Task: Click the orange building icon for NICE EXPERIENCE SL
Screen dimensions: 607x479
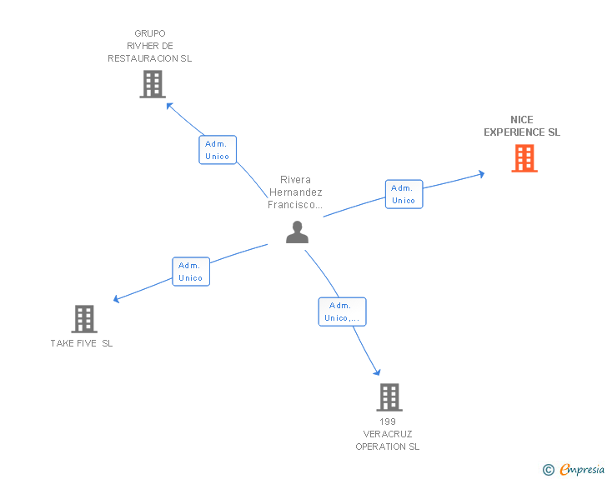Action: click(x=524, y=158)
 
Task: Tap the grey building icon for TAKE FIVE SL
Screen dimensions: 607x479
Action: click(x=84, y=319)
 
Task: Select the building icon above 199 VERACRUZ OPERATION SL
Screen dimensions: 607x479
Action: click(x=389, y=397)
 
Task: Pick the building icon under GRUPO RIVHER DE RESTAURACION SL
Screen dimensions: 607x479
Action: click(x=153, y=84)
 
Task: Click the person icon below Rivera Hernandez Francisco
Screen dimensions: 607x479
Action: click(x=297, y=232)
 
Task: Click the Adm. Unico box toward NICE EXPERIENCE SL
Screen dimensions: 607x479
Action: click(x=404, y=194)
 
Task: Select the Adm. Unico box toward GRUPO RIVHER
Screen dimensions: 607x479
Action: click(x=217, y=150)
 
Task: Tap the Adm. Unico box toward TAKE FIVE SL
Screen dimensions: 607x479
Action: click(x=191, y=272)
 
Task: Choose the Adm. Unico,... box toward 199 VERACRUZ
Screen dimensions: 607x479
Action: click(x=342, y=312)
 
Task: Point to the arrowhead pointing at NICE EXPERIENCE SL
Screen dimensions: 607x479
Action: click(x=482, y=174)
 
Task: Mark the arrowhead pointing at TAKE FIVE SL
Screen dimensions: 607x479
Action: click(x=116, y=299)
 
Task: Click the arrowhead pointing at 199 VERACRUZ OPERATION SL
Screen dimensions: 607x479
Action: click(x=377, y=372)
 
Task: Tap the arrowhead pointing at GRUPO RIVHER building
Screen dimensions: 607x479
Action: click(x=169, y=106)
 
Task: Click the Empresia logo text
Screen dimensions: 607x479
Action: click(x=582, y=469)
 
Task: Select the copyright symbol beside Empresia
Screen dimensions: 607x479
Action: click(x=548, y=470)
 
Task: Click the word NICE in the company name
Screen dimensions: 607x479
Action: click(x=521, y=120)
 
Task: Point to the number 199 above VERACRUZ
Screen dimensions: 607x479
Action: click(x=388, y=422)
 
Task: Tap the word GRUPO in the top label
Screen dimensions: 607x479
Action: click(x=150, y=33)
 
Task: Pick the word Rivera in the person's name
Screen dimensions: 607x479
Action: click(x=295, y=180)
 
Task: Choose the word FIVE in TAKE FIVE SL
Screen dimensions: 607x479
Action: click(x=87, y=343)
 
